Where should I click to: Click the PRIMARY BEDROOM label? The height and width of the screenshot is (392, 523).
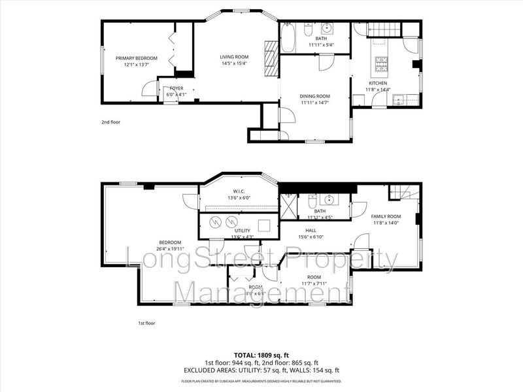click(137, 58)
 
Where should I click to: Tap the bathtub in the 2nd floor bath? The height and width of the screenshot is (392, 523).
click(288, 38)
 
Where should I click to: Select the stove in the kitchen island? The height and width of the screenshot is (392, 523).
click(381, 63)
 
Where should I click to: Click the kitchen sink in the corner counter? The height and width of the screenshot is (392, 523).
click(399, 99)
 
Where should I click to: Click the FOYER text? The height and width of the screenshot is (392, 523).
click(177, 88)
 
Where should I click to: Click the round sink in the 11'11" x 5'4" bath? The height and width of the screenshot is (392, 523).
click(327, 28)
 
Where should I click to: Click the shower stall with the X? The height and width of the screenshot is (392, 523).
click(288, 204)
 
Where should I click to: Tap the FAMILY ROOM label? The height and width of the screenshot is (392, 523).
click(386, 216)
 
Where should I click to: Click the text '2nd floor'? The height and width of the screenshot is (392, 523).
click(110, 122)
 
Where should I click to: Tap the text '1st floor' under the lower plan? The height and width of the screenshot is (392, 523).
click(146, 323)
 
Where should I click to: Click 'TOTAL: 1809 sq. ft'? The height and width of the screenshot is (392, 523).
click(261, 356)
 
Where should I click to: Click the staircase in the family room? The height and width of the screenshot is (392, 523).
click(400, 193)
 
